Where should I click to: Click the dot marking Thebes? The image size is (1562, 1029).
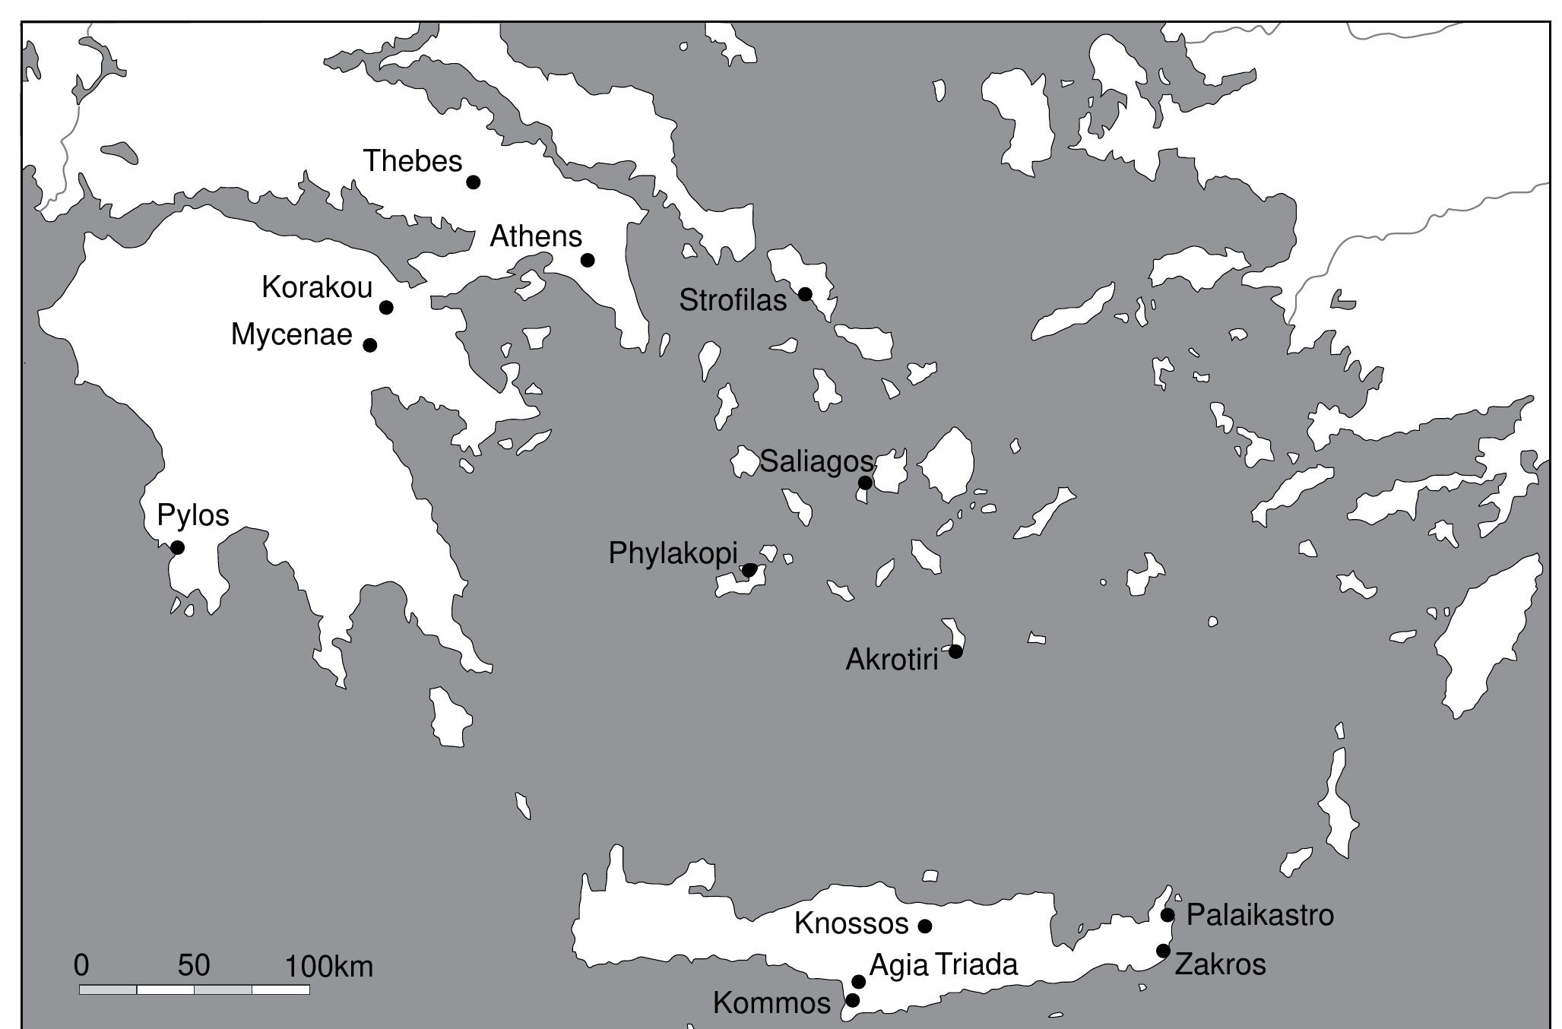point(473,182)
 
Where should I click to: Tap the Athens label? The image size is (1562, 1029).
point(536,236)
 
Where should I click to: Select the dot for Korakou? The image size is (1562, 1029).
point(386,307)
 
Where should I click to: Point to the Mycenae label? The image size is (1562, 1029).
point(292,334)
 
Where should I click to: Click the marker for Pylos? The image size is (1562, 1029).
point(177,547)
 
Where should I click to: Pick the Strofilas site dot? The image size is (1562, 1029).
point(805,293)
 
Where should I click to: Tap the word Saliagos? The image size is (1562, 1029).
point(817,461)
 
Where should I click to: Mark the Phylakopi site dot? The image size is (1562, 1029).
point(749,570)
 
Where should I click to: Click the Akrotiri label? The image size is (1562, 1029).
point(892,660)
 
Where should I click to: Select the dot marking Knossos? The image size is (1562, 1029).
point(925,926)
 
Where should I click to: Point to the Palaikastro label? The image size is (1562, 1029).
point(1259,915)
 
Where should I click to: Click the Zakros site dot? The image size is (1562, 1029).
point(1163,951)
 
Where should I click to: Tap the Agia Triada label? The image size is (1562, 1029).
point(943,964)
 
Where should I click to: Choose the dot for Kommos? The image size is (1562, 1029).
point(853,1000)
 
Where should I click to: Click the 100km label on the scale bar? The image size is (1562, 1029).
point(329,967)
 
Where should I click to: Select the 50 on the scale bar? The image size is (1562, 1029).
point(194,965)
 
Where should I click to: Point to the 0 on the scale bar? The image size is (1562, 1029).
point(81,965)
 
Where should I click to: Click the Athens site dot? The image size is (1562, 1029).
point(588,260)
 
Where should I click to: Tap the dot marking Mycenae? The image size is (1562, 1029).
point(370,345)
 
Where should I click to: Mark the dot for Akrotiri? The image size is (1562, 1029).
point(955,651)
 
